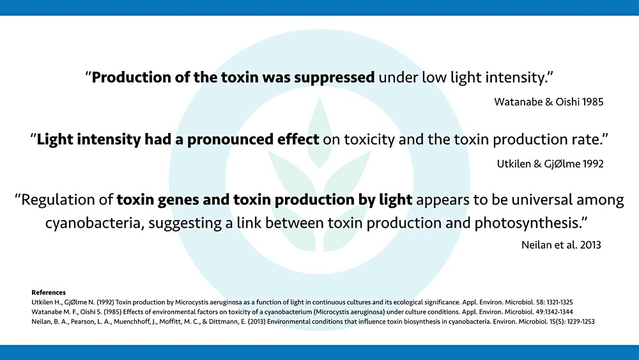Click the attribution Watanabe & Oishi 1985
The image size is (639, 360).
[x=548, y=102]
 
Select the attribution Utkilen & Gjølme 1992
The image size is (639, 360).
[x=550, y=164]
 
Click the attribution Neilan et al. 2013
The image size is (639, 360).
[x=561, y=245]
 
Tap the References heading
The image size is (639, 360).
[x=49, y=292]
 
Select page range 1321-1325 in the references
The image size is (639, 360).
[x=560, y=302]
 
